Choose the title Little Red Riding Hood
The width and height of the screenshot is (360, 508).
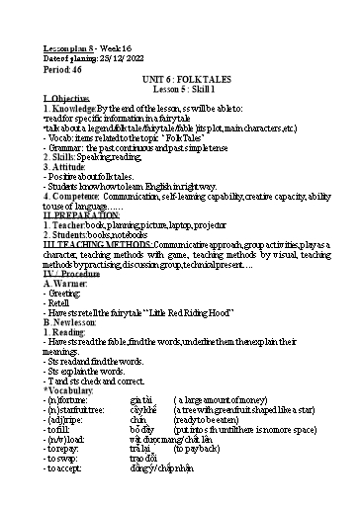(197, 313)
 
